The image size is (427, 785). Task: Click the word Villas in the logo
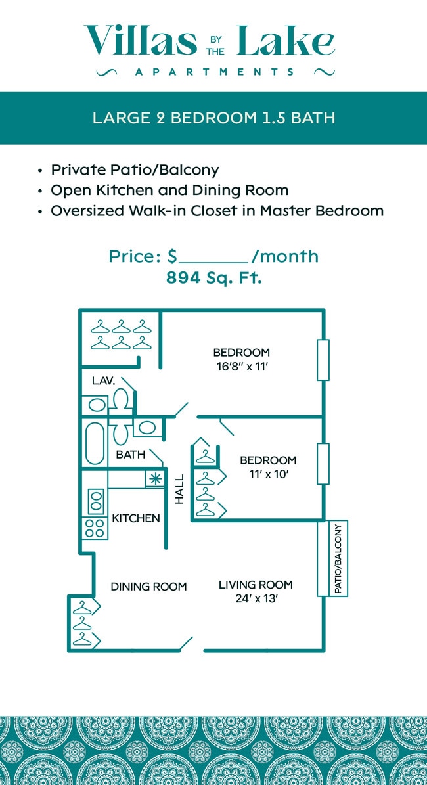coord(140,41)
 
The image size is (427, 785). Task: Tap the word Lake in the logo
coord(285,41)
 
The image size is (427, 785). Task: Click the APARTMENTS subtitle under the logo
coord(214,72)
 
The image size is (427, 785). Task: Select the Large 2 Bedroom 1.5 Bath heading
coord(214,118)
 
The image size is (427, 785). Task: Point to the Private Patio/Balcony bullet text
coord(135,170)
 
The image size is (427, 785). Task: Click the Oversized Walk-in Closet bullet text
coord(217,211)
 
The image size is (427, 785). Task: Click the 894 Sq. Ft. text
coord(214,278)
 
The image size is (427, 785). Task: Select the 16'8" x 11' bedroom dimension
coord(241,367)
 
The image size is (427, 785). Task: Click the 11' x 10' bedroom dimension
coord(267,474)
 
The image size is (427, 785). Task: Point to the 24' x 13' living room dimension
coord(256,599)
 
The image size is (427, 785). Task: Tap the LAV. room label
coord(103,380)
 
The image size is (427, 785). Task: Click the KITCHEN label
coord(136,518)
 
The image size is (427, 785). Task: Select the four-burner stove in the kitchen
coord(94,528)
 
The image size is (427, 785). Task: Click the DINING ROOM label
coord(148,587)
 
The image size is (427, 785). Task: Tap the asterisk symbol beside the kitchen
coord(154,479)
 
